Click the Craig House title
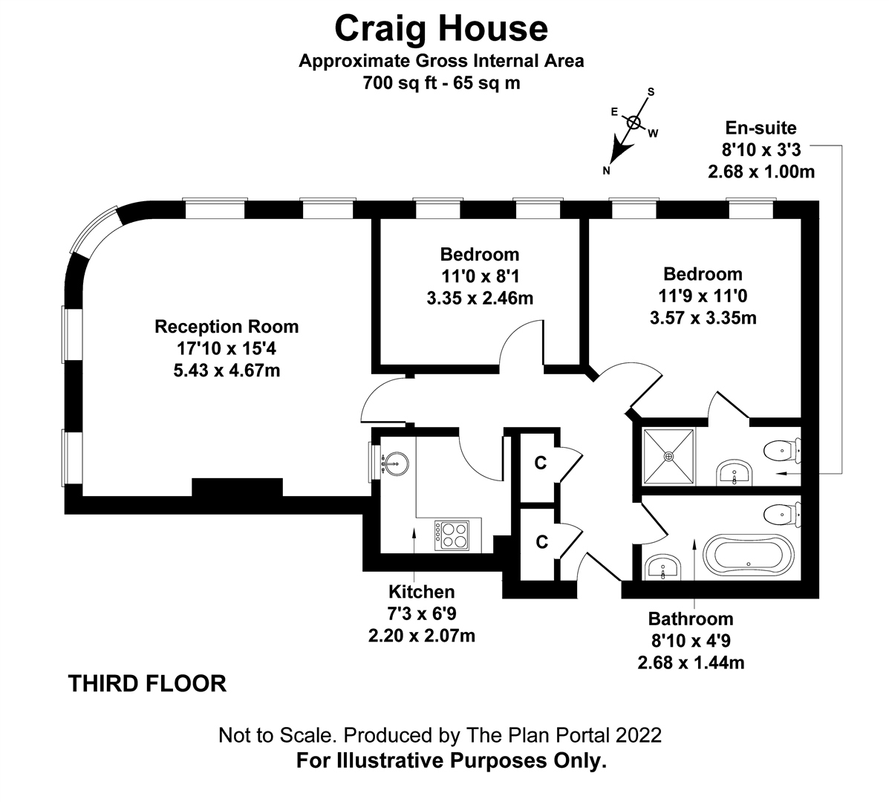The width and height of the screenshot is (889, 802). (441, 28)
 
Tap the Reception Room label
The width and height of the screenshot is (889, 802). (227, 327)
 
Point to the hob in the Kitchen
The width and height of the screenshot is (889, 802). (452, 533)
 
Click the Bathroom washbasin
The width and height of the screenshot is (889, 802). (662, 569)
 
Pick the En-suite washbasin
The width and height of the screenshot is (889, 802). (735, 474)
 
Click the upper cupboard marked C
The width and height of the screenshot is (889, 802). (541, 463)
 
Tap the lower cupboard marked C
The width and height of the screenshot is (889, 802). (541, 542)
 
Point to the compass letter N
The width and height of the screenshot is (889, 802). (606, 170)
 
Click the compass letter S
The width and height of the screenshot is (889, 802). (651, 92)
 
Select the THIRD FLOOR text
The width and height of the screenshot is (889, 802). (147, 683)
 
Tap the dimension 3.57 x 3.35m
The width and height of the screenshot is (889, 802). (703, 319)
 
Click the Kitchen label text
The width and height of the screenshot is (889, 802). (421, 592)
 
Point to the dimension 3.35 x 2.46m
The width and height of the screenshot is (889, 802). (479, 299)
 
